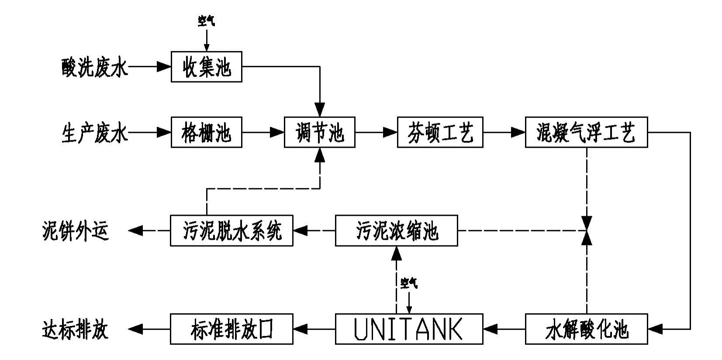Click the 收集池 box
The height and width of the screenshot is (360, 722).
206,67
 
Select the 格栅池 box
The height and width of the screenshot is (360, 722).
206,132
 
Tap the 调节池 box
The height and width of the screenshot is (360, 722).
319,132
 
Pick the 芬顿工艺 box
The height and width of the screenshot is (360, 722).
440,132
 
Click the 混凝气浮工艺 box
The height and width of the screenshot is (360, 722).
586,132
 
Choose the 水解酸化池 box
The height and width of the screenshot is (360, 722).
586,329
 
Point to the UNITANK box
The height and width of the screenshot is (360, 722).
409,329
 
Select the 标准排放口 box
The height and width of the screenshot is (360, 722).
231,329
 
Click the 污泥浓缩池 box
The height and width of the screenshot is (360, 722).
396,230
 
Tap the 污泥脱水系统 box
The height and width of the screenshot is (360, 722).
231,230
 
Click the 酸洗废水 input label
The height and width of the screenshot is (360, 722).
94,67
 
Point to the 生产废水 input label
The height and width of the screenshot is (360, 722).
94,132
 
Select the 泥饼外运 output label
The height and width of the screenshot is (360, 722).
75,231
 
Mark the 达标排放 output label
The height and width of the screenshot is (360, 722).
75,329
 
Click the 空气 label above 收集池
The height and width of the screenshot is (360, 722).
207,21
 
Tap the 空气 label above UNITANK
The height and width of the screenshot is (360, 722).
409,284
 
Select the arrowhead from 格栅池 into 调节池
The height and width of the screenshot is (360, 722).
277,132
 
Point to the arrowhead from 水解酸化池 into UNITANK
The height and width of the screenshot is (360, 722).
490,329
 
